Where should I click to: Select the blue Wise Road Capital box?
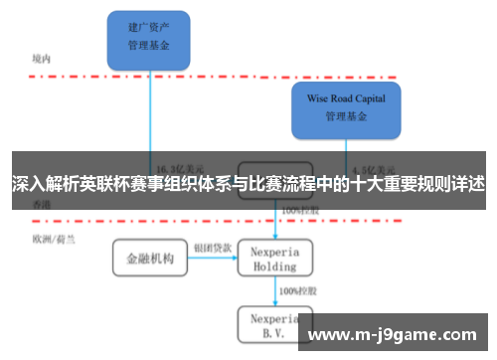pos(345,108)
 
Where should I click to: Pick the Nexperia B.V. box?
pos(274,324)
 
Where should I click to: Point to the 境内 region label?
pos(41,59)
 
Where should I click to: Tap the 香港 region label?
pos(41,203)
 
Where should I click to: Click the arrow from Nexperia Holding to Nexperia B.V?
pos(274,291)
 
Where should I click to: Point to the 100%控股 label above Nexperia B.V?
pos(296,290)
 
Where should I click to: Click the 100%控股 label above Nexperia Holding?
pos(299,211)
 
